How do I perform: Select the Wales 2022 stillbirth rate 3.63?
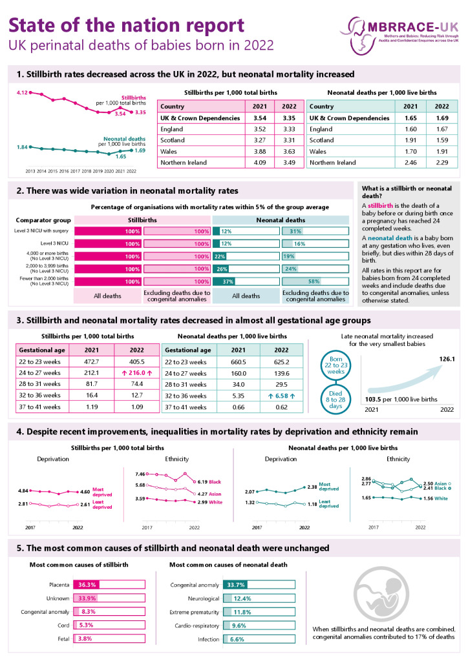[288, 150]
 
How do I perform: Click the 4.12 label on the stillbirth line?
[22, 93]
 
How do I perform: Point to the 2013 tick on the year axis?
[31, 172]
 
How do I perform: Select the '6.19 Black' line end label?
[209, 482]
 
